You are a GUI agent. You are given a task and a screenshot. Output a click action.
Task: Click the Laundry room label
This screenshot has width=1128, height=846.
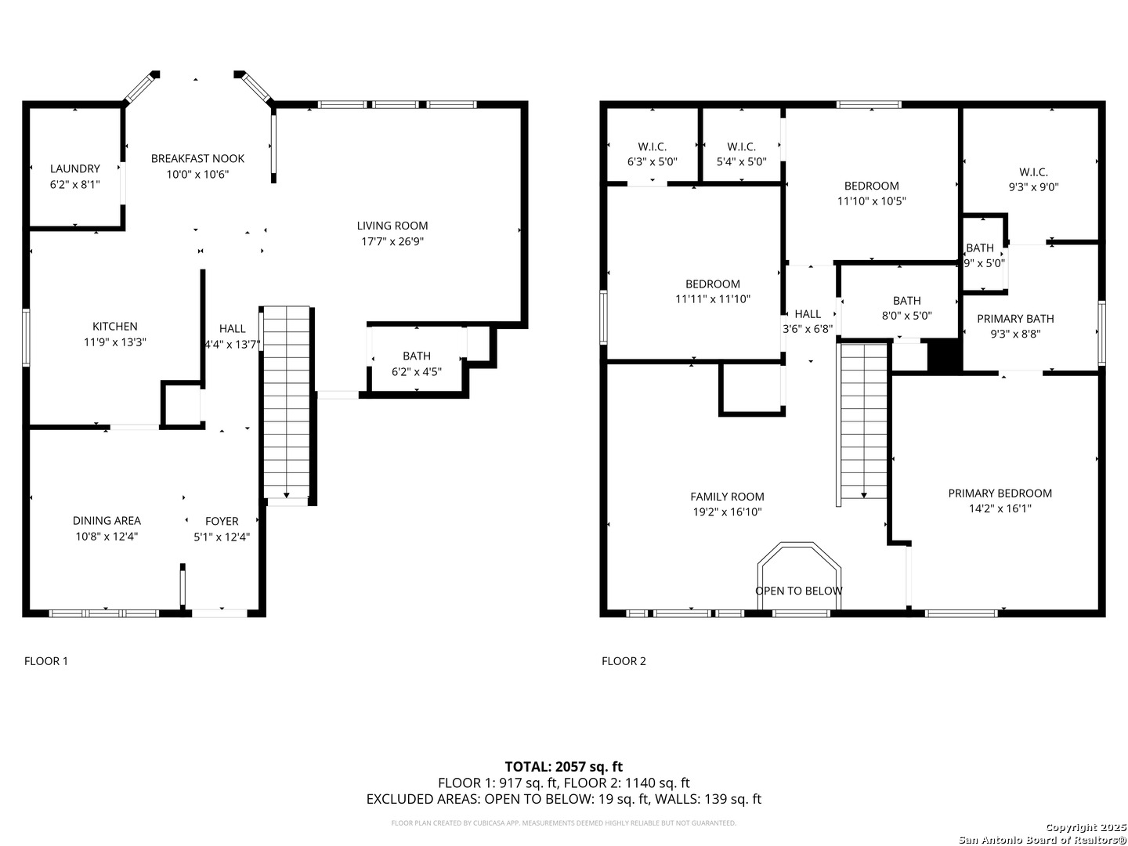[x=75, y=168]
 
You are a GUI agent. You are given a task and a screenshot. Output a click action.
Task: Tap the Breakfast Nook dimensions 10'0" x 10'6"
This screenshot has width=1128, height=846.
[x=197, y=175]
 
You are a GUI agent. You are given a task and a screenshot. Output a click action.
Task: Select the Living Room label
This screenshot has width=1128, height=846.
[x=392, y=226]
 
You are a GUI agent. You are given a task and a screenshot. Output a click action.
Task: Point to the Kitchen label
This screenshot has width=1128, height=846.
[x=115, y=326]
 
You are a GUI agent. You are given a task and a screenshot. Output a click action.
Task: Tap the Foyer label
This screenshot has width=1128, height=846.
[x=222, y=521]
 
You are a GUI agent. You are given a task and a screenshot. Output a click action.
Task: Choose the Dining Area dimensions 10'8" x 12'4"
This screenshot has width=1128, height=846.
[x=107, y=537]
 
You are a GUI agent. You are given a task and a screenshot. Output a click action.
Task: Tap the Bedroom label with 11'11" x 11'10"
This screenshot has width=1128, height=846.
[x=713, y=284]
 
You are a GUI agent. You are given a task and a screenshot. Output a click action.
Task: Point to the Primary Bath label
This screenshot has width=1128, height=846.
[x=1015, y=319]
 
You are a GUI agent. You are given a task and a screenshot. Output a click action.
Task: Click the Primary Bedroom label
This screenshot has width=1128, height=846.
[x=1000, y=493]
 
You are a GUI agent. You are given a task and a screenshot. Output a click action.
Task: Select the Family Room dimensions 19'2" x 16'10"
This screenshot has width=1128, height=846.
[x=727, y=512]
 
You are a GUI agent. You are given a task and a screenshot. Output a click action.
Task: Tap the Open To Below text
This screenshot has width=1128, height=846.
[x=798, y=591]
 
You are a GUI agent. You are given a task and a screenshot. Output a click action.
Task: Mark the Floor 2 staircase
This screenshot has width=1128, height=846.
[x=863, y=425]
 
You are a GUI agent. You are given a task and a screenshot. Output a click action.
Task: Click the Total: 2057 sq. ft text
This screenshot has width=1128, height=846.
[x=564, y=767]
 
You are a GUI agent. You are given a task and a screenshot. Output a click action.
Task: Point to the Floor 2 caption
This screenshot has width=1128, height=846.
[x=624, y=661]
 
